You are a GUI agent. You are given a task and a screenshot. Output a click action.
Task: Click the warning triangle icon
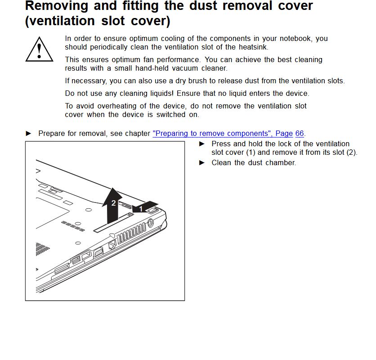(x=40, y=50)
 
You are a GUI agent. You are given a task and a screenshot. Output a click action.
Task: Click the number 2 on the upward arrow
(x=113, y=203)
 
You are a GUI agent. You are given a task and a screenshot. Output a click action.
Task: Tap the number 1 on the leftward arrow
(x=141, y=209)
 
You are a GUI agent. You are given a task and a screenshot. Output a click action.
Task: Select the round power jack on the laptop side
(x=151, y=222)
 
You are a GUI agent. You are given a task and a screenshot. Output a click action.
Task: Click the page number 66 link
(x=300, y=134)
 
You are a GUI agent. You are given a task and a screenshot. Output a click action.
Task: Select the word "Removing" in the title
(x=57, y=6)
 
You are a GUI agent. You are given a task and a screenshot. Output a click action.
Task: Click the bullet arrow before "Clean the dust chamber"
(x=202, y=162)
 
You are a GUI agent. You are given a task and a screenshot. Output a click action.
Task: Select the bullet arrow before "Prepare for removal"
(x=29, y=134)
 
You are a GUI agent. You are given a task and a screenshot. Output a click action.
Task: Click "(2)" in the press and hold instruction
(x=351, y=152)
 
